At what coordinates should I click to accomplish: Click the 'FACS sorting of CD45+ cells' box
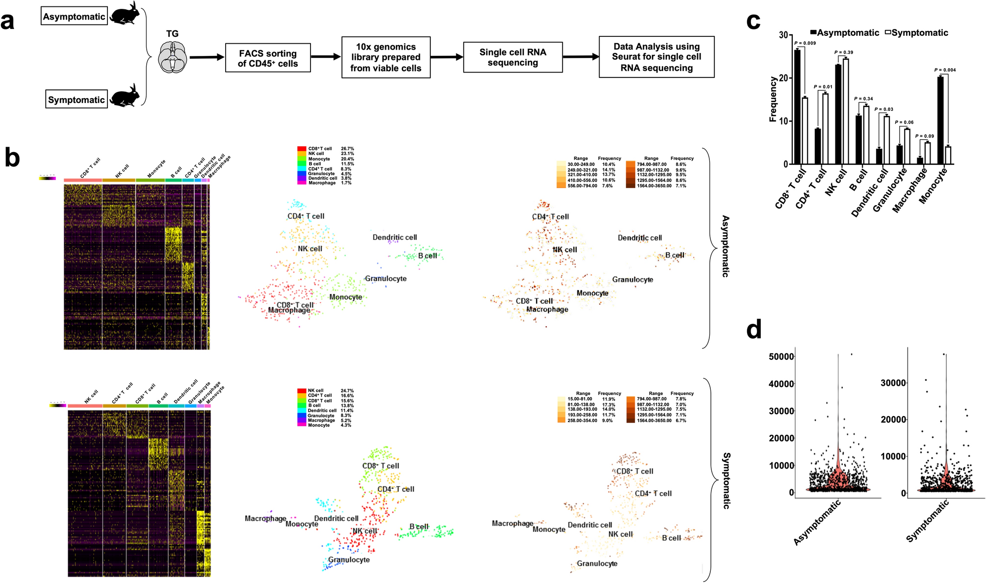click(268, 58)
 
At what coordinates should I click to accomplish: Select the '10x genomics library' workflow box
click(386, 57)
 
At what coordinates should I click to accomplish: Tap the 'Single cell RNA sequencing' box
click(513, 57)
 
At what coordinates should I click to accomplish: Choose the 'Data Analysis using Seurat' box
click(656, 57)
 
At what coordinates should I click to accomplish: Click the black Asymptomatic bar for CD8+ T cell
click(797, 107)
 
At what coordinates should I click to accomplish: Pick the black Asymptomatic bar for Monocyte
click(940, 120)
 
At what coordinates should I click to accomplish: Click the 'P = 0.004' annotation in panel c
click(945, 70)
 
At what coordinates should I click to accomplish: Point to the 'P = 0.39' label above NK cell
click(844, 53)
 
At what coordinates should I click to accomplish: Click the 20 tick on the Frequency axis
click(783, 78)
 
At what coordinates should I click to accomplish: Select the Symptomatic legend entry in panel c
click(916, 33)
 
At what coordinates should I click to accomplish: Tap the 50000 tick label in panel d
click(781, 357)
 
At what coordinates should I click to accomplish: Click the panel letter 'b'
click(12, 158)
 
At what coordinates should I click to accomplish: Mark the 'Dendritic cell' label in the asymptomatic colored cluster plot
click(394, 238)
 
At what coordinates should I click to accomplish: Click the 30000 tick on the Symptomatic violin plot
click(893, 383)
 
